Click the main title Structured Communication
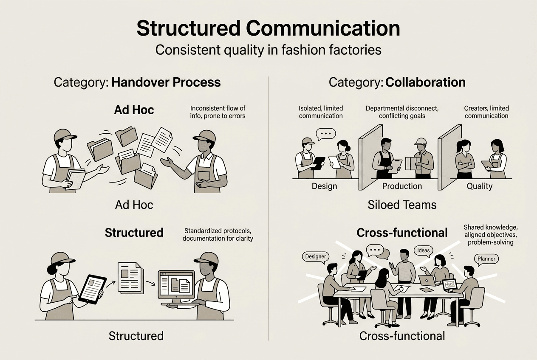click(x=268, y=29)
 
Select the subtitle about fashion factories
click(x=268, y=50)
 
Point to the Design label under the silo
click(x=324, y=186)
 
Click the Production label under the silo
click(x=402, y=186)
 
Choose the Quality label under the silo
click(x=480, y=186)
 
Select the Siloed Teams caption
click(x=402, y=205)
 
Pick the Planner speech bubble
click(x=486, y=259)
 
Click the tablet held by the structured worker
click(x=91, y=289)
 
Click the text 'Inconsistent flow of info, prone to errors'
click(x=218, y=112)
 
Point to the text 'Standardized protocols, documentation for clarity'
click(x=218, y=234)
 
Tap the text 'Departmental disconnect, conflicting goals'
click(x=402, y=112)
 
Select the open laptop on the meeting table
click(x=427, y=281)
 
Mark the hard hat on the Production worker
click(x=421, y=141)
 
